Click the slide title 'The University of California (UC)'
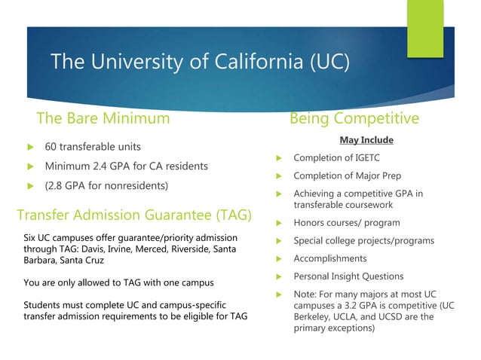point(200,62)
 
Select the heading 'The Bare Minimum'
point(103,118)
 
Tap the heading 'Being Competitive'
point(354,118)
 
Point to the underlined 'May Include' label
point(366,140)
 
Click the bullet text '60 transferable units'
point(93,146)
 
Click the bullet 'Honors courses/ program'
point(347,223)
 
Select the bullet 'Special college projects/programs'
point(363,241)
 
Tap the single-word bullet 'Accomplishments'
point(329,258)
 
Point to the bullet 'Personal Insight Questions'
point(348,276)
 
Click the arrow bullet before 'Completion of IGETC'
point(278,158)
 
